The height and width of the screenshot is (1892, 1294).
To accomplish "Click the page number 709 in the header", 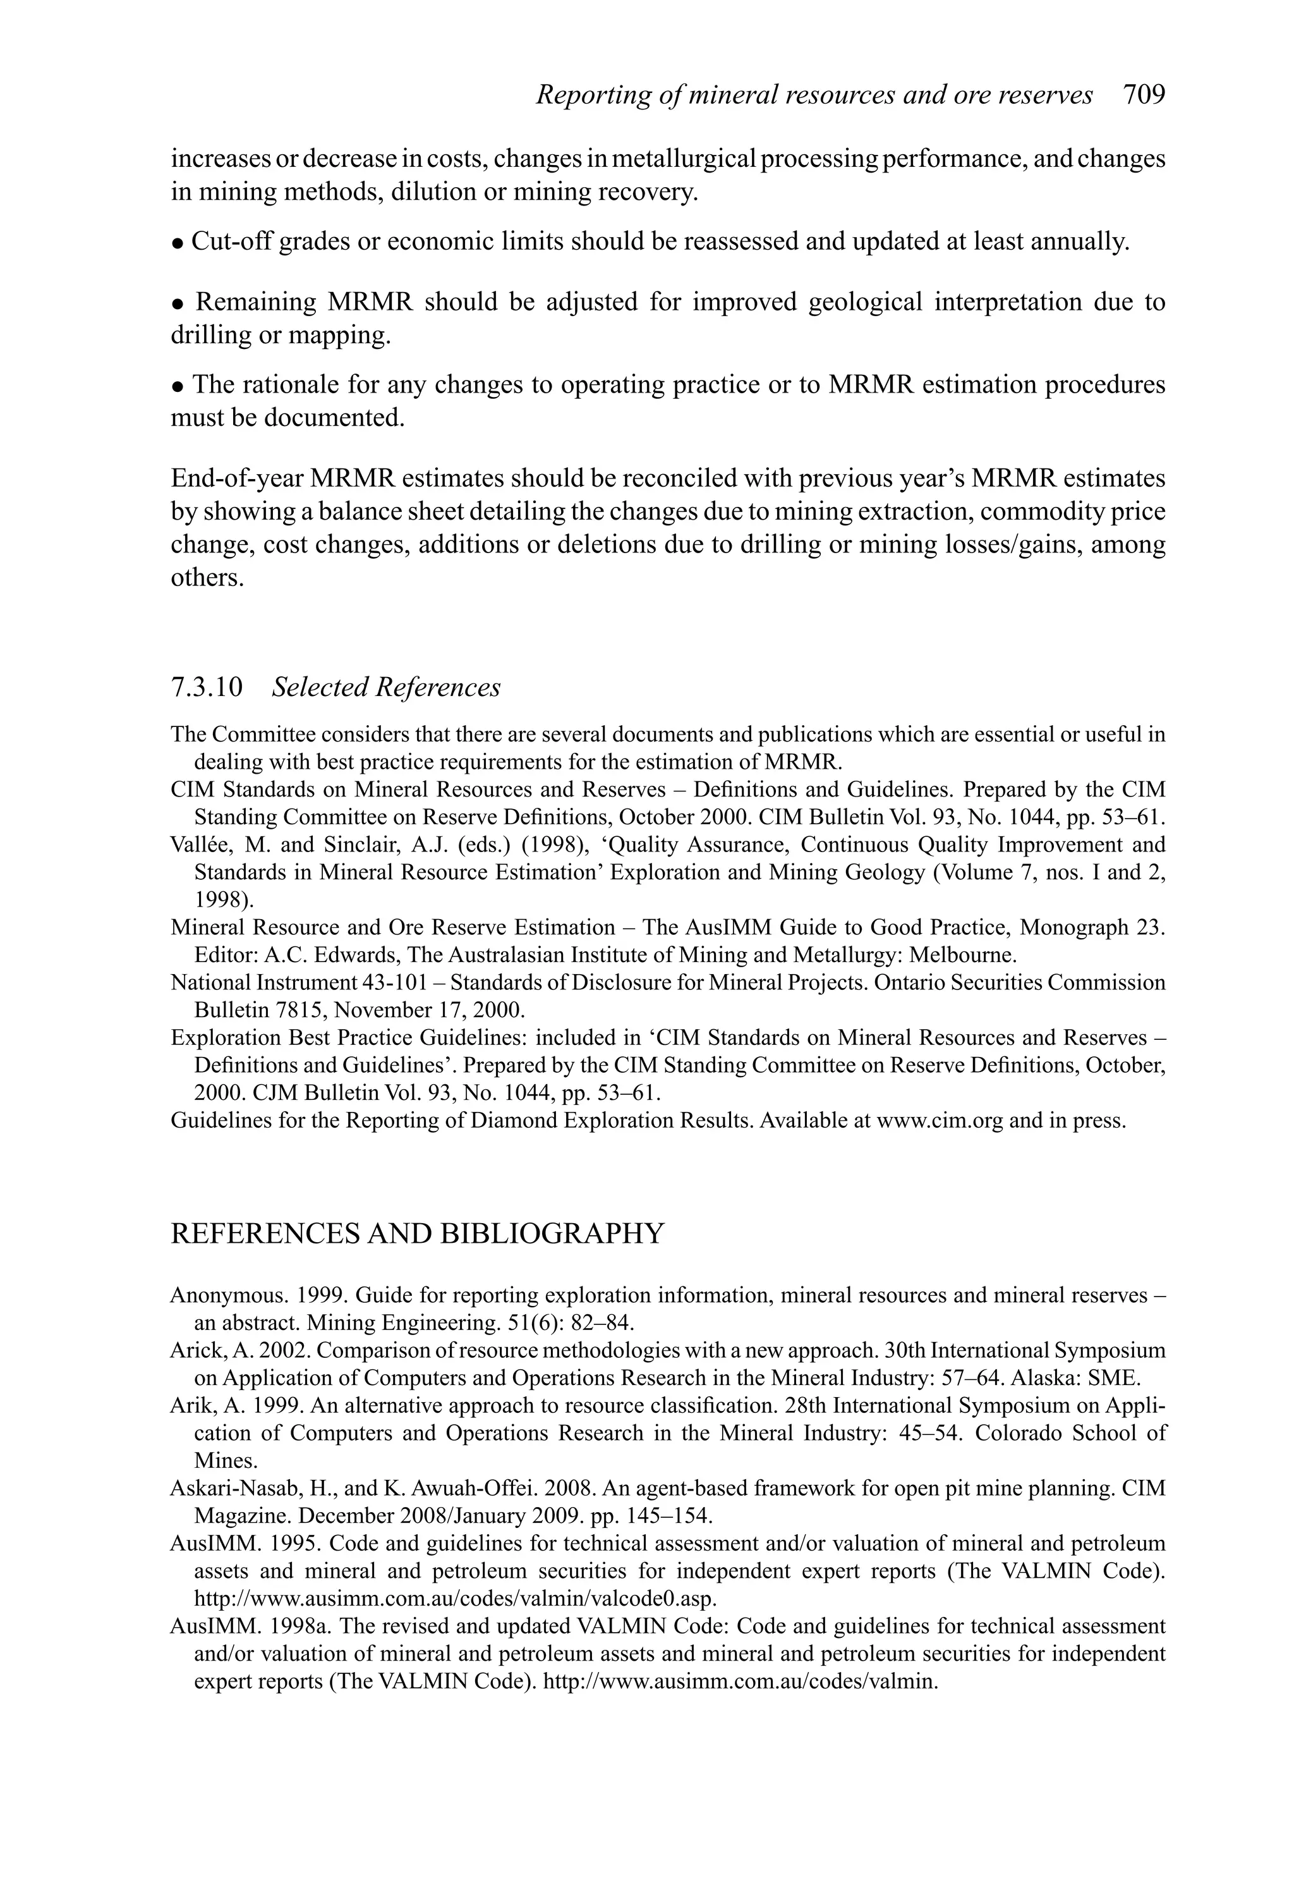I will (1144, 95).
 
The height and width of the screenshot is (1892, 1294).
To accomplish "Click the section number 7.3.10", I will (207, 687).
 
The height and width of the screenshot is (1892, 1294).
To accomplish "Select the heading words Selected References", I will (386, 687).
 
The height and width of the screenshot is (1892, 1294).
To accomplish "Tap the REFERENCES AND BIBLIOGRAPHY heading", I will (418, 1233).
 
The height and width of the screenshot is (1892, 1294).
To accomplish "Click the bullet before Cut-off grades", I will (178, 244).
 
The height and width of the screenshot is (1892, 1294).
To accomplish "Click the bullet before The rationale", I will (178, 386).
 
